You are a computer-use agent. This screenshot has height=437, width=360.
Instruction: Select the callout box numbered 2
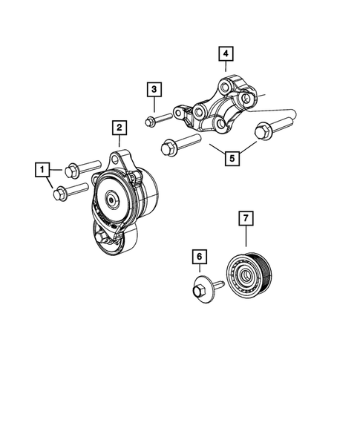pos(118,128)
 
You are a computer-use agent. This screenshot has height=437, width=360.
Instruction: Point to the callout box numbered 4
pos(225,53)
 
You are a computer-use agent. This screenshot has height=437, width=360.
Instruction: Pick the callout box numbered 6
pos(198,257)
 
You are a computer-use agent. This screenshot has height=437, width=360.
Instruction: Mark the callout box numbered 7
pos(245,218)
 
